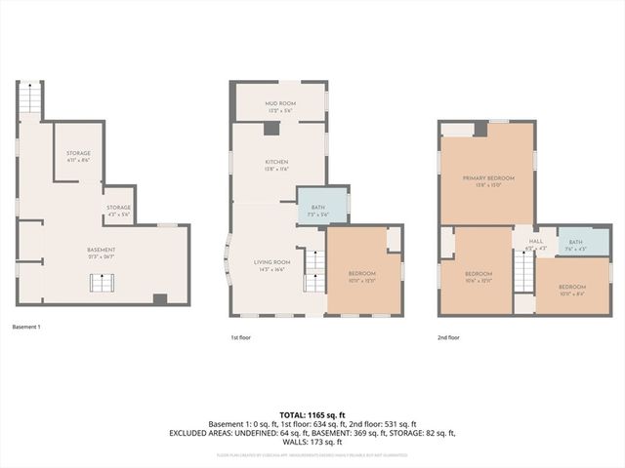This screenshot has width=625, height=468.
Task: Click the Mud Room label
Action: [278, 104]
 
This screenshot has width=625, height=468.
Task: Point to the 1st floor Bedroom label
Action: [362, 277]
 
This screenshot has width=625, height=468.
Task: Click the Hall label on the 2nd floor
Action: [535, 244]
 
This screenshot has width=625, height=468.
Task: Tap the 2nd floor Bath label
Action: [575, 245]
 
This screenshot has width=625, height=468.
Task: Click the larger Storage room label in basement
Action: [78, 156]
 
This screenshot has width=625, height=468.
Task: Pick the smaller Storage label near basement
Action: [118, 210]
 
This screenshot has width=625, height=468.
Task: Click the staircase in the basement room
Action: [103, 283]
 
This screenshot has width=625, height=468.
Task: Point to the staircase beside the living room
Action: [313, 269]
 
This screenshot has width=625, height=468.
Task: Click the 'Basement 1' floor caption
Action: [26, 327]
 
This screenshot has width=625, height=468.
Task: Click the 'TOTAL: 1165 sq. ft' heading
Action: [312, 415]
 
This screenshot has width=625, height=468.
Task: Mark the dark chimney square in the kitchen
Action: [271, 128]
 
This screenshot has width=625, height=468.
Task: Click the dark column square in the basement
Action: [160, 299]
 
